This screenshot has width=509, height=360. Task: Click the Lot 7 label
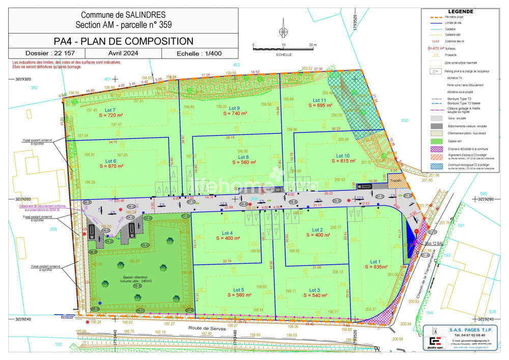click(x=110, y=110)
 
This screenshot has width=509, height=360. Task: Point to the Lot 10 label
click(x=343, y=155)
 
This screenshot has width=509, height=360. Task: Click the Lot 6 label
click(x=110, y=160)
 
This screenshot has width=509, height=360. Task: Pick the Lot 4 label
click(x=224, y=233)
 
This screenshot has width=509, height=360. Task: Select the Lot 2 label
click(x=318, y=230)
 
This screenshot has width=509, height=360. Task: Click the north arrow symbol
click(x=282, y=29)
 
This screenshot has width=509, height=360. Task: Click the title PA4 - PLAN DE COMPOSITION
click(x=124, y=41)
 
